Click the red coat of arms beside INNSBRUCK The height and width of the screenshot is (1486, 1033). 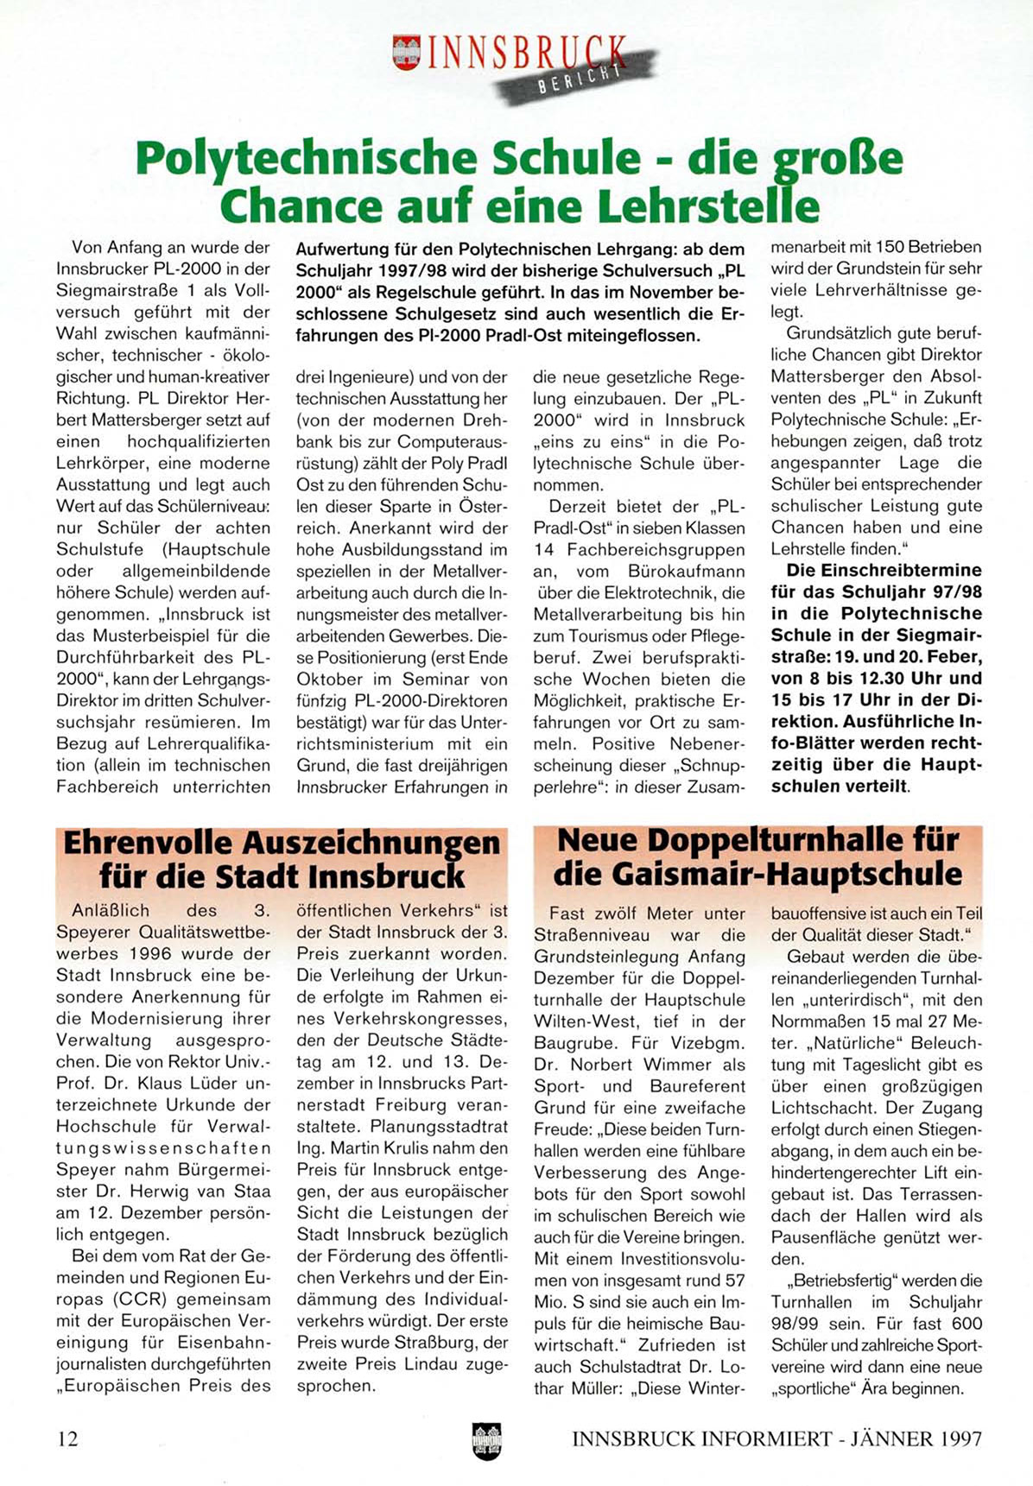click(406, 52)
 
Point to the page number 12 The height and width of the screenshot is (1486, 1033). click(67, 1439)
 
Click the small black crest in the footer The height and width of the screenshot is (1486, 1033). click(487, 1440)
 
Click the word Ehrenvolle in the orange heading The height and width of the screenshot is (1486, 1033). click(147, 843)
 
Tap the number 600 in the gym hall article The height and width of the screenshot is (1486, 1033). click(965, 1324)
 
